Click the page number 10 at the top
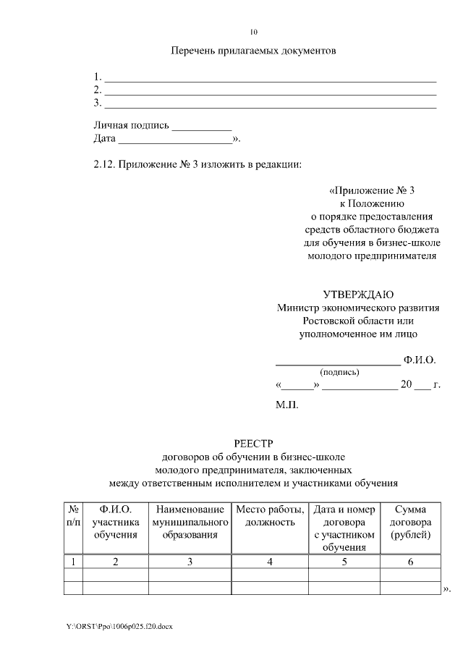pyautogui.click(x=253, y=32)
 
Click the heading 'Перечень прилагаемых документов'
pyautogui.click(x=253, y=51)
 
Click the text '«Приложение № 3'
pyautogui.click(x=372, y=191)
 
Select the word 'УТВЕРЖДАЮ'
pyautogui.click(x=358, y=295)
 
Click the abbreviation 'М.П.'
pyautogui.click(x=286, y=406)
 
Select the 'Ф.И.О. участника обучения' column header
pyautogui.click(x=115, y=522)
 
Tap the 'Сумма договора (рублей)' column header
pyautogui.click(x=410, y=522)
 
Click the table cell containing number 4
pyautogui.click(x=269, y=562)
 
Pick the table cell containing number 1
pyautogui.click(x=73, y=562)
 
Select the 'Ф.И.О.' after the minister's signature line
pyautogui.click(x=420, y=360)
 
